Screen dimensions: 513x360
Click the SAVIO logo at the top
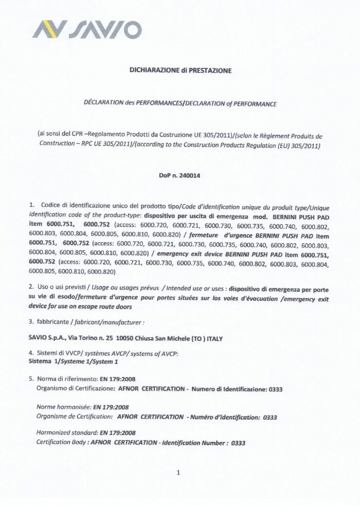(x=87, y=29)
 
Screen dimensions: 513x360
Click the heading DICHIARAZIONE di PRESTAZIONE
(x=180, y=70)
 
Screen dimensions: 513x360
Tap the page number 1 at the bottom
(x=178, y=473)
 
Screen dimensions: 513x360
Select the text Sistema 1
(x=44, y=361)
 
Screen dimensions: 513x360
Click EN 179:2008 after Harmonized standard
(x=114, y=433)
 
